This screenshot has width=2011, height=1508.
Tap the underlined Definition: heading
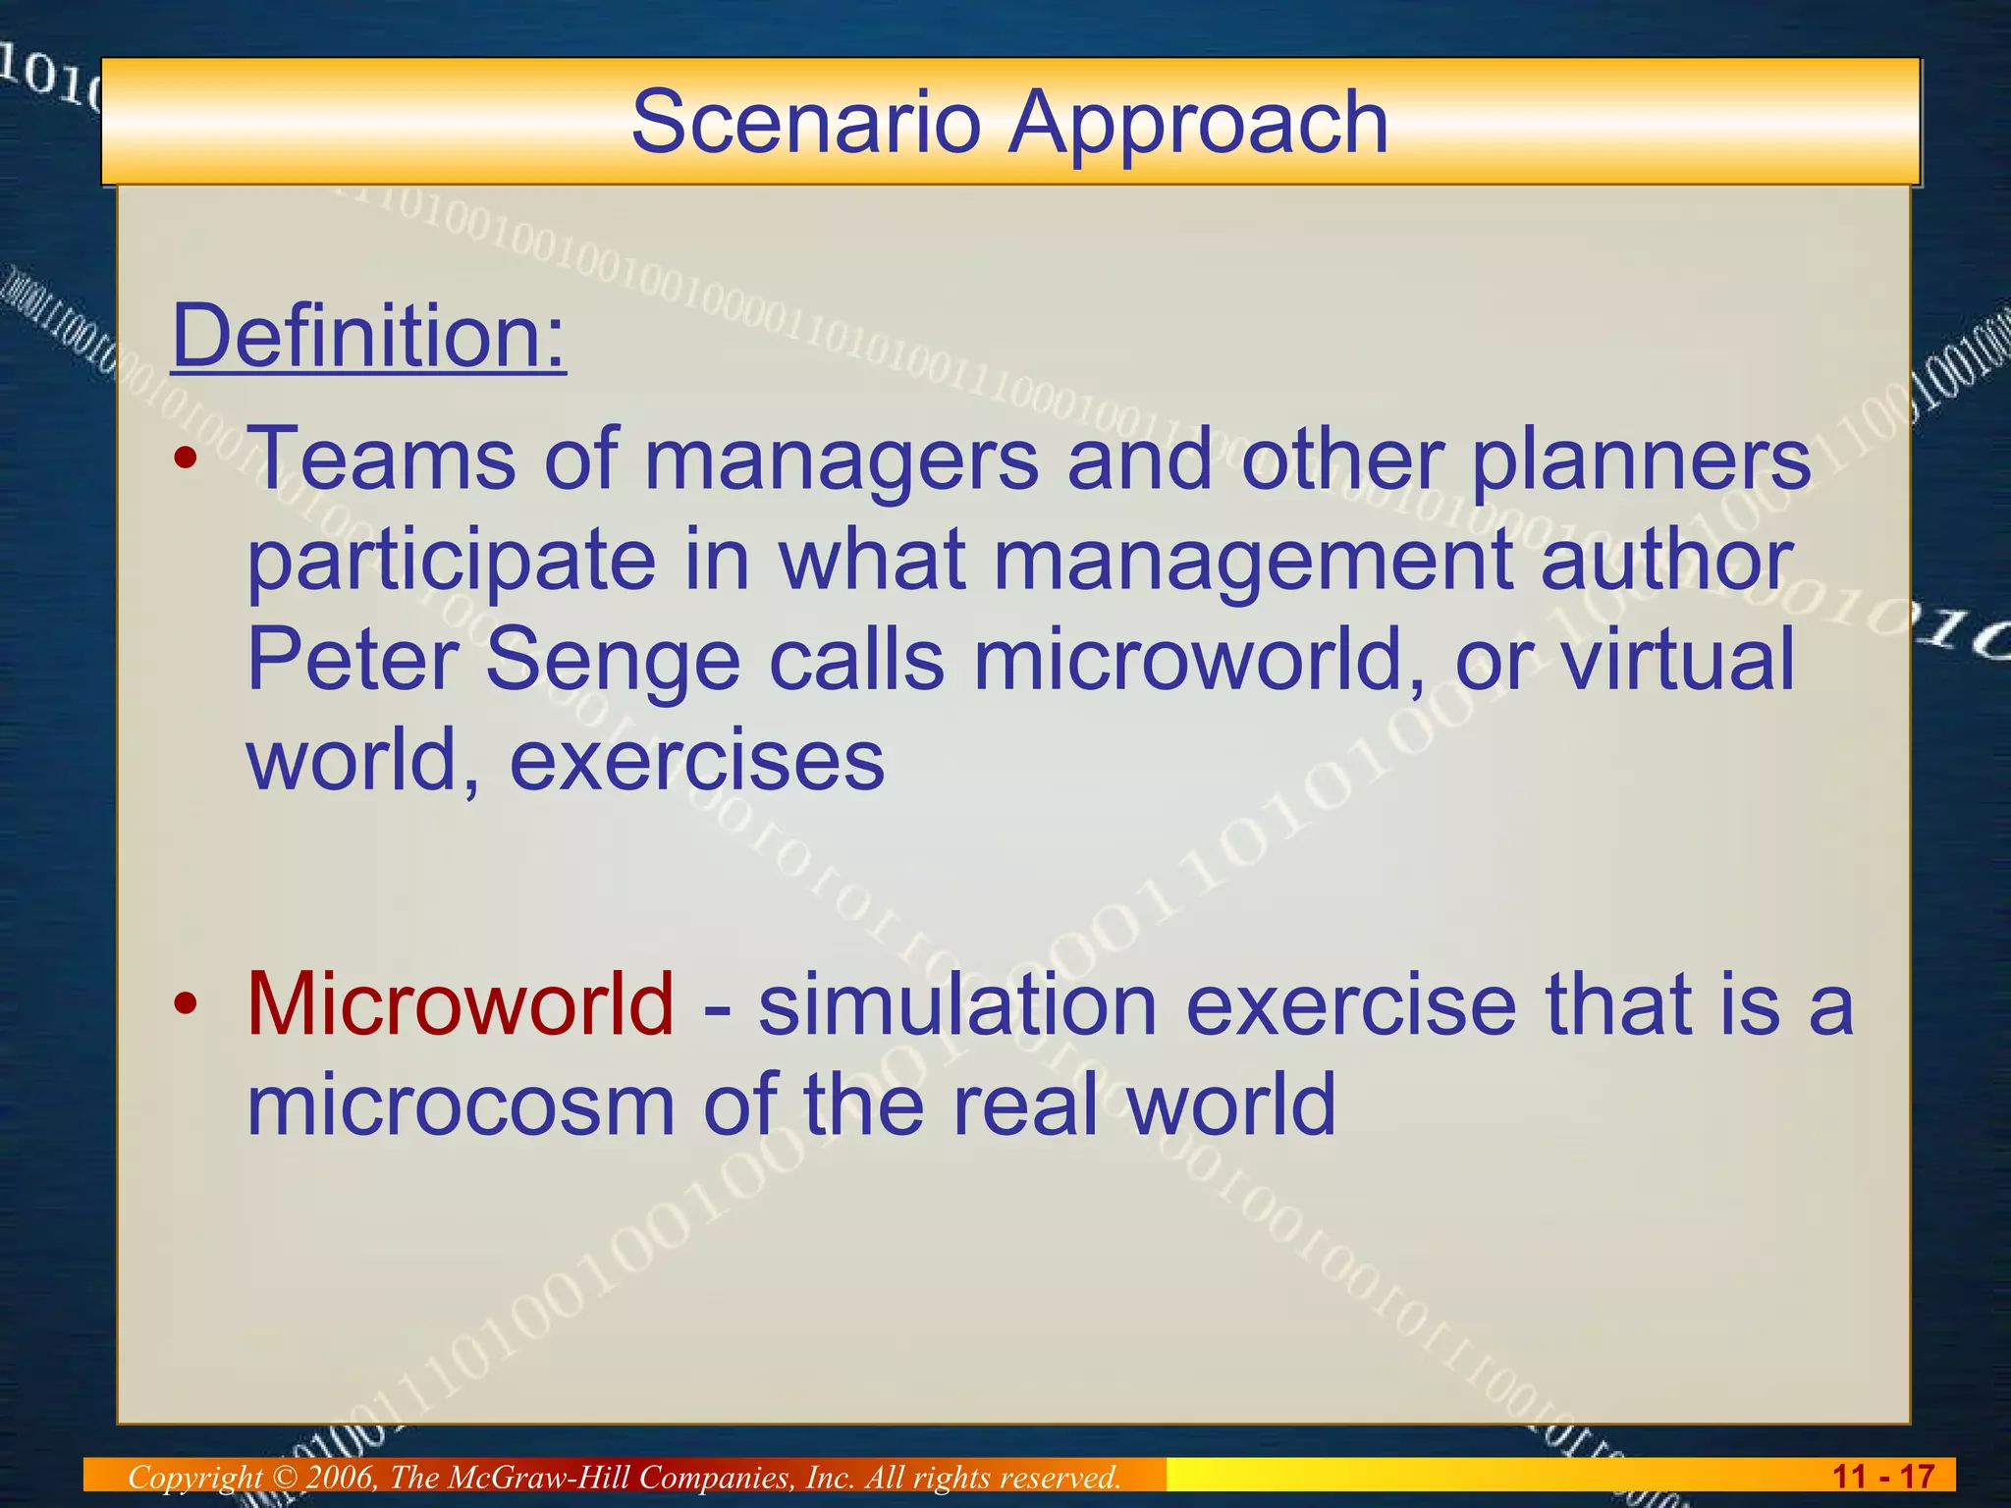pos(369,336)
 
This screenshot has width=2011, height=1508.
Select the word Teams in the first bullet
pos(382,458)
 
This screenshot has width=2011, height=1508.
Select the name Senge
pos(613,660)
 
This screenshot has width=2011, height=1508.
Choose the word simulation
pos(957,1003)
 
